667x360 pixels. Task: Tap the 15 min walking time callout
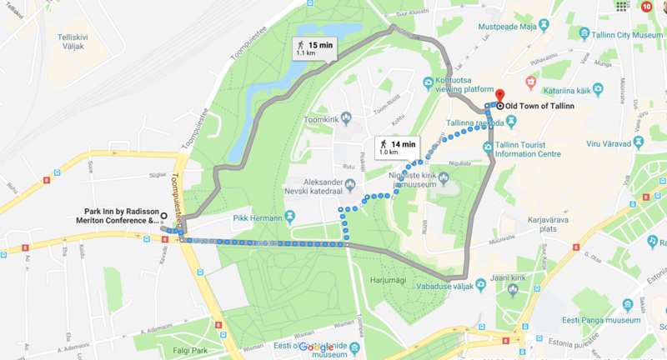(x=315, y=48)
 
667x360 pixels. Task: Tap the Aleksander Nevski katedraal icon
(x=349, y=184)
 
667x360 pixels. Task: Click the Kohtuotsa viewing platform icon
(x=429, y=82)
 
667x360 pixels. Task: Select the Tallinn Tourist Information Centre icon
(x=488, y=147)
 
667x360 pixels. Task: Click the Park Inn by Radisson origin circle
(x=163, y=215)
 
